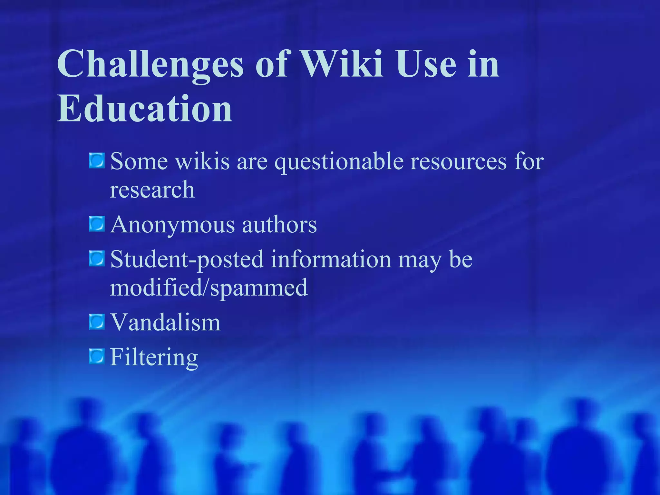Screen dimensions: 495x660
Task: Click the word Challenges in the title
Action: [x=150, y=64]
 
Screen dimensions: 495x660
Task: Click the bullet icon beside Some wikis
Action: [x=97, y=160]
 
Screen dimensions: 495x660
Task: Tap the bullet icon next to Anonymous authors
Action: [x=97, y=224]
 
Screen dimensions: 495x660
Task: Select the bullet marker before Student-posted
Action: [x=97, y=259]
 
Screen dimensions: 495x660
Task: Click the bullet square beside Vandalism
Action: [x=97, y=322]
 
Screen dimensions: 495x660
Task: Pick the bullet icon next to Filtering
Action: [x=97, y=356]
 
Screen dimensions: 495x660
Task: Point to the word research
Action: [x=152, y=189]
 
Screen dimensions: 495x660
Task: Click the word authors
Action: [x=279, y=225]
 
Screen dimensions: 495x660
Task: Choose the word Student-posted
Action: [x=187, y=260]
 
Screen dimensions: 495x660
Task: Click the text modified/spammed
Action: [x=209, y=288]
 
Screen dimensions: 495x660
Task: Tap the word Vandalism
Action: [x=165, y=322]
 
